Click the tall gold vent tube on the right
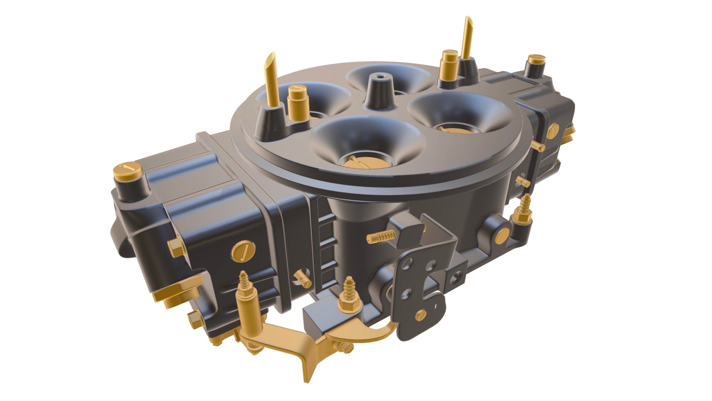(467, 37)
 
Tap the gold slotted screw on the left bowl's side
(243, 251)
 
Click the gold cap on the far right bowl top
(536, 59)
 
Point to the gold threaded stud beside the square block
(381, 236)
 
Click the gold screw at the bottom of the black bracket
(421, 315)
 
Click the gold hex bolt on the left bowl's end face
(174, 247)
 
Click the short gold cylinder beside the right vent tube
(448, 65)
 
